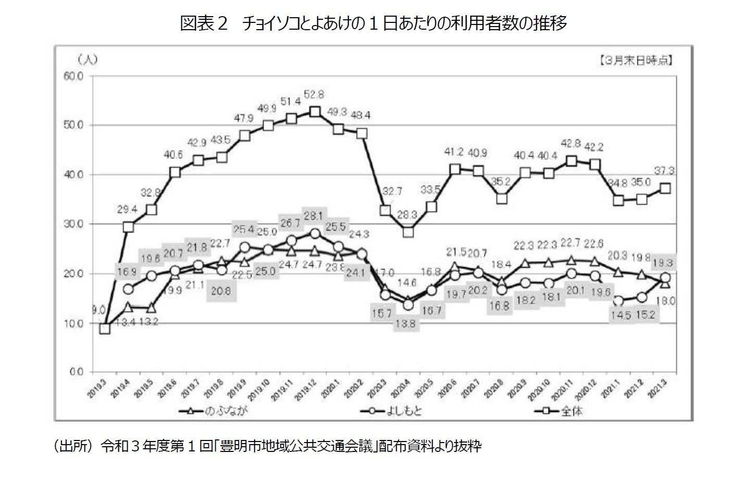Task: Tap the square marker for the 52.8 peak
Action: tap(315, 112)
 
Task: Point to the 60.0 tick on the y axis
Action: tap(72, 77)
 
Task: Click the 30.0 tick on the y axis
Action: tap(72, 224)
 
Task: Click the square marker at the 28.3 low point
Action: tap(408, 232)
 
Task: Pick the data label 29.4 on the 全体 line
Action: tap(128, 209)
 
